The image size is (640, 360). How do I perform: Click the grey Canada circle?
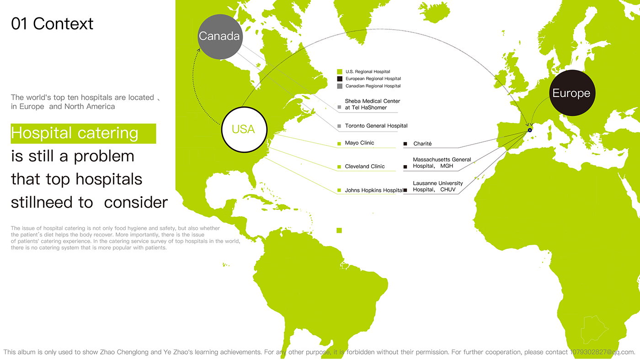[x=219, y=37]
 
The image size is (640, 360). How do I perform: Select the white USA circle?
[x=244, y=129]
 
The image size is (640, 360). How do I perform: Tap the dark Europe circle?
[x=572, y=93]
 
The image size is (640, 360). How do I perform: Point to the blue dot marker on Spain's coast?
[x=530, y=130]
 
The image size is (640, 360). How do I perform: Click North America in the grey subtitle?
[x=90, y=107]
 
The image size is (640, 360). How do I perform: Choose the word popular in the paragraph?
[x=104, y=248]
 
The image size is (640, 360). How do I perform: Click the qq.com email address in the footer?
[x=603, y=352]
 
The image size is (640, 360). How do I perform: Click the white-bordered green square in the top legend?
[x=340, y=71]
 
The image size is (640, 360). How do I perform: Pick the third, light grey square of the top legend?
[x=340, y=86]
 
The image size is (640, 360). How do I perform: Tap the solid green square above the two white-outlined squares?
[x=339, y=230]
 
